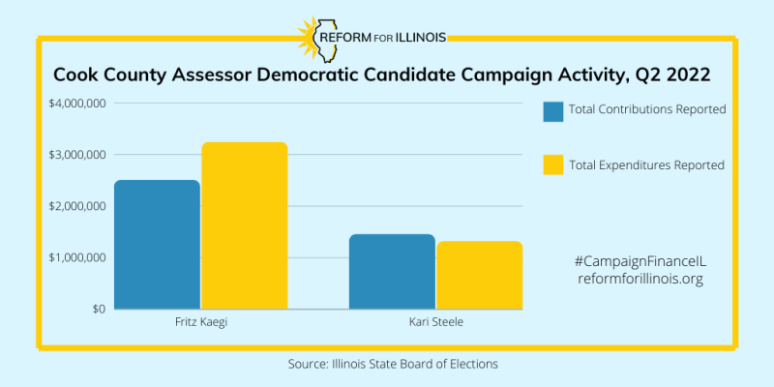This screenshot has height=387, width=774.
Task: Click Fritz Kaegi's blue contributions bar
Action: click(157, 245)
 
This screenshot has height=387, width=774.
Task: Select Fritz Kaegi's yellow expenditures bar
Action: click(245, 225)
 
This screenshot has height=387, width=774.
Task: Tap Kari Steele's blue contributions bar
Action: click(392, 272)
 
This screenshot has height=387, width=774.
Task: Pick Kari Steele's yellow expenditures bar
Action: click(479, 275)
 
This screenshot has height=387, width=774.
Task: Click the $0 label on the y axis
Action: click(98, 309)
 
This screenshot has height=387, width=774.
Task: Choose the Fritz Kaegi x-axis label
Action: click(200, 321)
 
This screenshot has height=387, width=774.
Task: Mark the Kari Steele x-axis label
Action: click(435, 321)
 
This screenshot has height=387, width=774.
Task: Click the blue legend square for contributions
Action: click(553, 111)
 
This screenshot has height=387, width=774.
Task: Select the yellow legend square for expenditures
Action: click(553, 165)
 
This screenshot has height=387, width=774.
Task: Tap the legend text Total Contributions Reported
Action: click(647, 109)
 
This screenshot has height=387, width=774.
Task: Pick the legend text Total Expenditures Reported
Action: click(646, 164)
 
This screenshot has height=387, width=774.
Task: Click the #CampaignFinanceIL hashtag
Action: click(640, 261)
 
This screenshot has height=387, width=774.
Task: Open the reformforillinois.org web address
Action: click(640, 279)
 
